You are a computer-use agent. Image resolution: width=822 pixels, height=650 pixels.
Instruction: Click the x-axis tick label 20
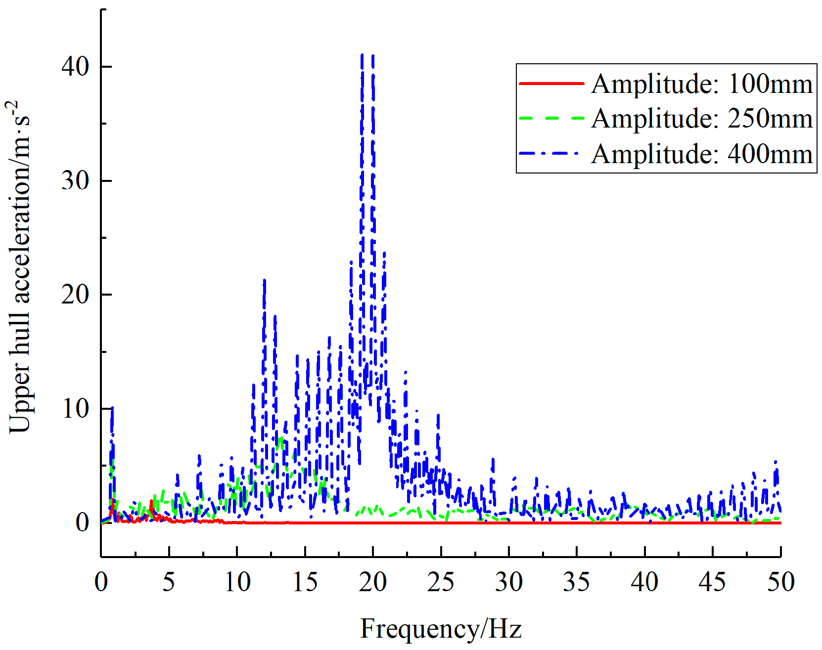pos(373,582)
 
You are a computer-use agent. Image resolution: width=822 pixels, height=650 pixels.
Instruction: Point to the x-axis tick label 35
pos(577,582)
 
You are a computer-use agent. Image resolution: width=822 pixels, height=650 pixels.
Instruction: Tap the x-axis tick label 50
pos(780,582)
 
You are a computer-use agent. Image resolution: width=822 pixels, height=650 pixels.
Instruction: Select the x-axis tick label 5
pos(169,582)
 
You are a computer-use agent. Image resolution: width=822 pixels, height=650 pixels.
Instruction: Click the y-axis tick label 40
pos(75,66)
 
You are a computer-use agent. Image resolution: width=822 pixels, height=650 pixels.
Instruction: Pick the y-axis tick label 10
pos(75,409)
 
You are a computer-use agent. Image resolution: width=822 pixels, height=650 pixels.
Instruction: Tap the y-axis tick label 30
pos(75,180)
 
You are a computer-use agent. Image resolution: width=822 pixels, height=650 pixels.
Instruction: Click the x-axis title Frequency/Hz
pos(441,629)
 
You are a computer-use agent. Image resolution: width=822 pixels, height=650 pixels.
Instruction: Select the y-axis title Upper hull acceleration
pos(20,267)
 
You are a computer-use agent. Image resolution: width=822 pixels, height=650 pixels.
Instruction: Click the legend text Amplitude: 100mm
pos(702,84)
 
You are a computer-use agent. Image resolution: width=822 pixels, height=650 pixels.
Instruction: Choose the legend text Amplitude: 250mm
pos(702,119)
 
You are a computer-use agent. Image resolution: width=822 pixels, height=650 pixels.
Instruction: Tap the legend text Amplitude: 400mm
pos(702,154)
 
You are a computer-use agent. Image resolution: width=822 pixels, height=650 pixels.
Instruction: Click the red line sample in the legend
pos(551,84)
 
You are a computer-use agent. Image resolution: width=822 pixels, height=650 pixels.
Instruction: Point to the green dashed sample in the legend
pos(551,119)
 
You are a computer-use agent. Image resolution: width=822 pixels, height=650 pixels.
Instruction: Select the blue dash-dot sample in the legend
pos(551,154)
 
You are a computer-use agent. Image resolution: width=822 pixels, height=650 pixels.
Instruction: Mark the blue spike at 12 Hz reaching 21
pos(265,282)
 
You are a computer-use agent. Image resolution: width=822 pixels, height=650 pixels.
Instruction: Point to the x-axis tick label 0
pos(101,582)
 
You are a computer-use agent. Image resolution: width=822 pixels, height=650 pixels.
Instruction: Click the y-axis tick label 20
pos(75,295)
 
